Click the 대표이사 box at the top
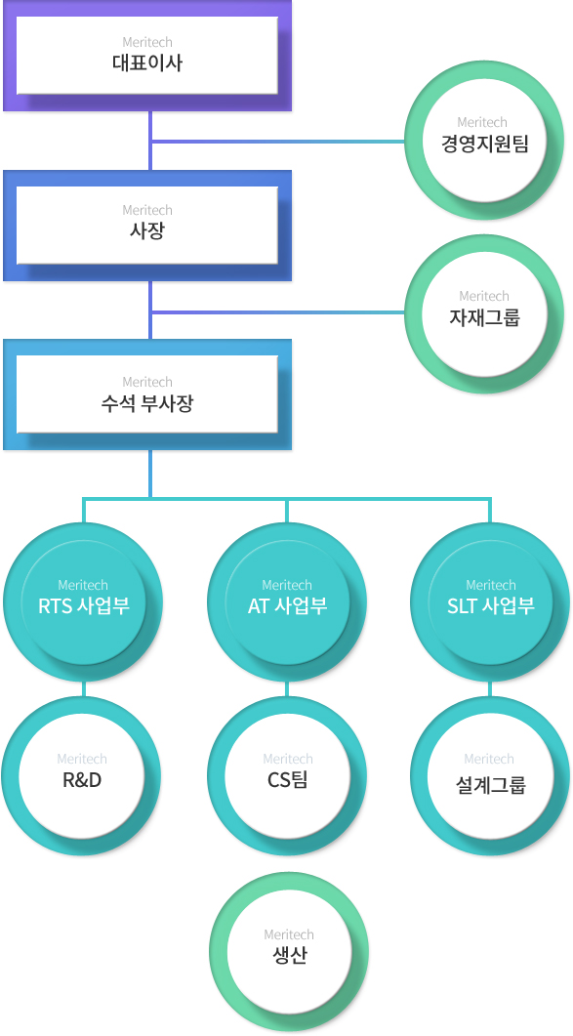pos(147,56)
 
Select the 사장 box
pos(147,226)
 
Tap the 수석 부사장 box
pos(147,394)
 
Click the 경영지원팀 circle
pos(484,142)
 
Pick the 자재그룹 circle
pos(484,313)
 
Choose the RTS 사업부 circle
pos(83,601)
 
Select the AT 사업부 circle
pos(287,601)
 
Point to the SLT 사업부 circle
pos(490,601)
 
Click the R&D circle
pos(83,776)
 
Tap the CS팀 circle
pos(288,776)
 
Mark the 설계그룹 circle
pos(490,776)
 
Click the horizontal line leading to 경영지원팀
pos(278,142)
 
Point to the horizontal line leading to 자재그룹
pos(278,311)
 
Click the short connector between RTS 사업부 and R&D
pos(83,689)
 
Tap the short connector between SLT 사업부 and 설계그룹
pos(490,689)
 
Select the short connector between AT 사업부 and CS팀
pos(287,689)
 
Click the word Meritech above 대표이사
pos(147,43)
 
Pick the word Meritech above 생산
pos(289,934)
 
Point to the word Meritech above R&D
pos(82,759)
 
